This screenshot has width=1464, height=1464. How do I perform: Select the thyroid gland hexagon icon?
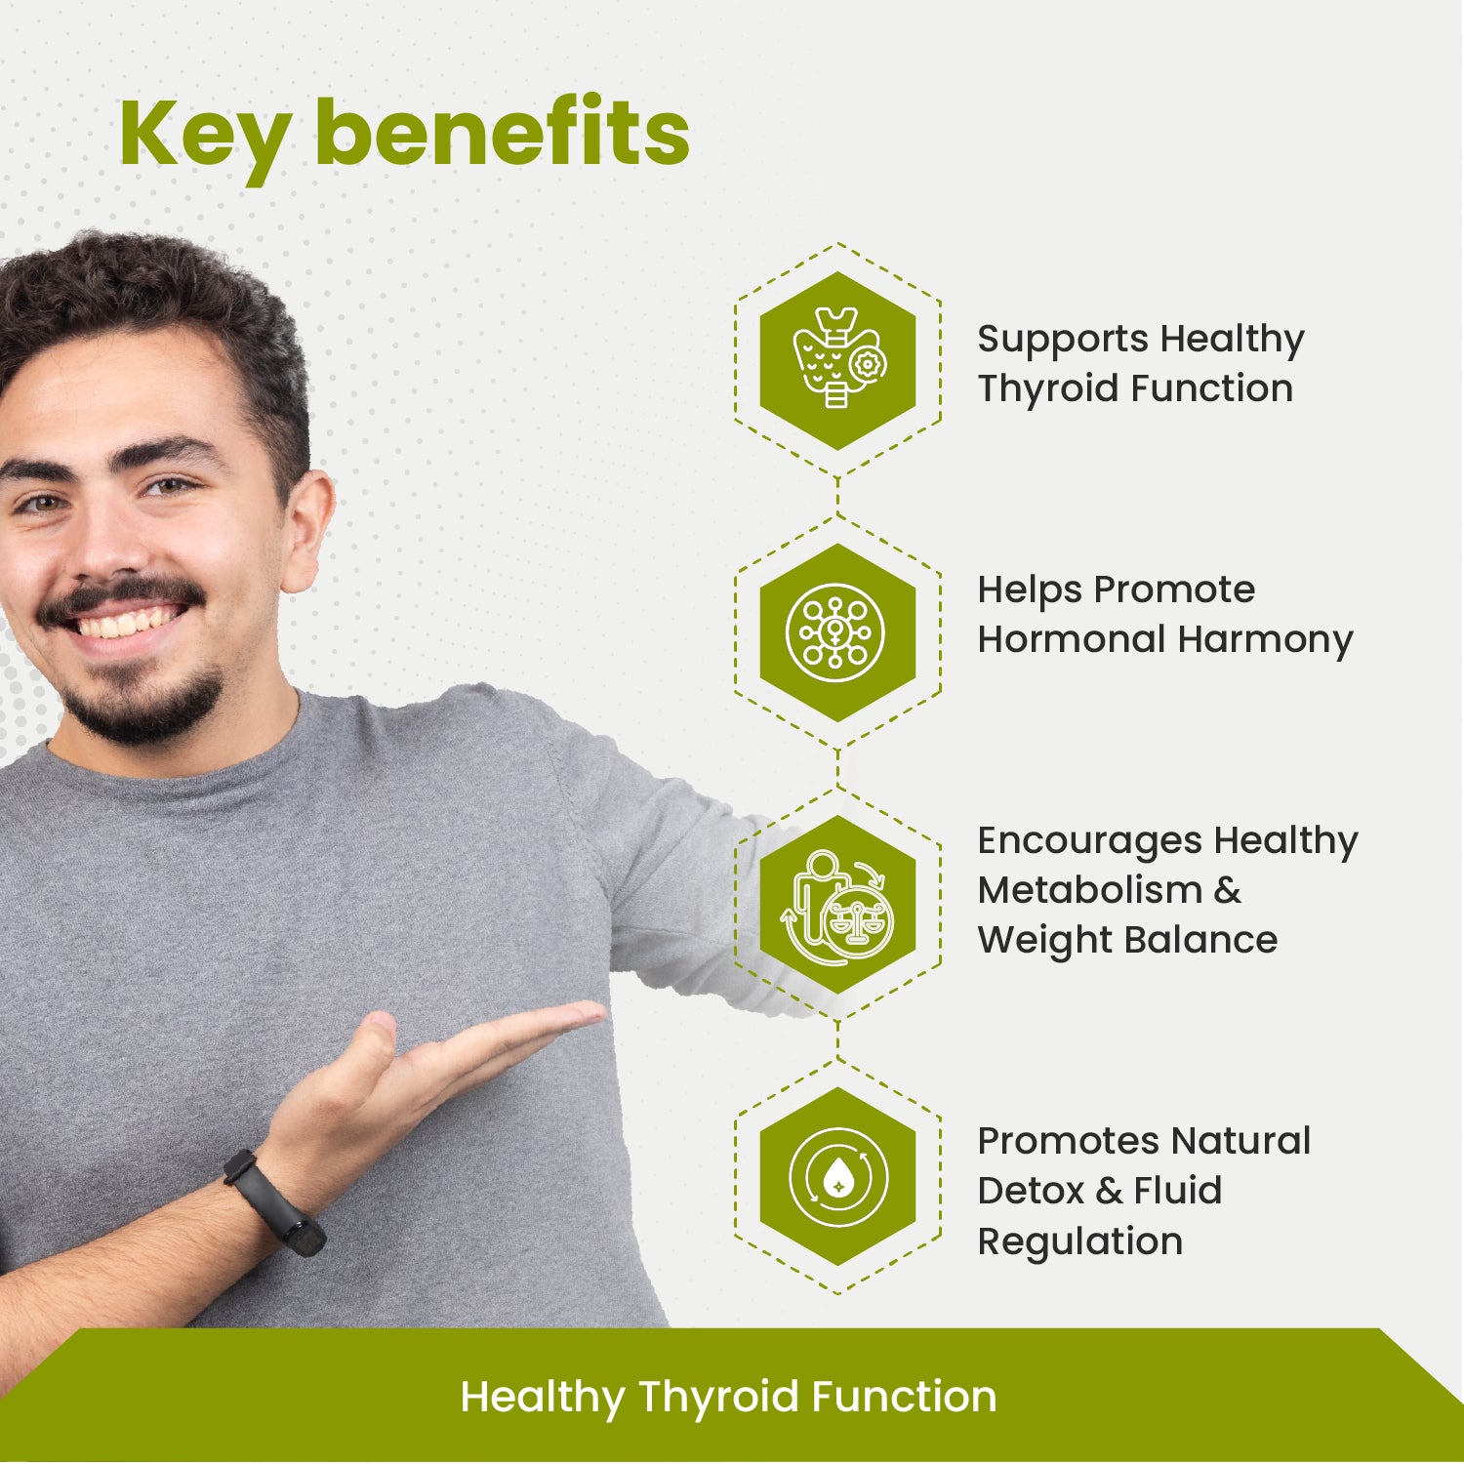click(837, 360)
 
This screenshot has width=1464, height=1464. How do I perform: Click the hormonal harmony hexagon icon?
click(837, 632)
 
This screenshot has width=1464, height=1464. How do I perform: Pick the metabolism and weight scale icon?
click(837, 906)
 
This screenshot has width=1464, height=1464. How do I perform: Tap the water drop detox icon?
click(837, 1177)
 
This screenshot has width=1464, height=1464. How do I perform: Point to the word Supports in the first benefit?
click(1063, 340)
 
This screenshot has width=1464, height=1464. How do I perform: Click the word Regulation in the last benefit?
click(1079, 1241)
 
